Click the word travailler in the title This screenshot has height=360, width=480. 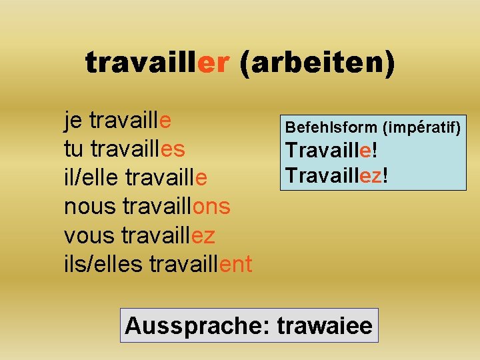157,63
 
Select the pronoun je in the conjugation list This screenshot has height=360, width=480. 73,121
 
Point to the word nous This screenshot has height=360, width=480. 90,207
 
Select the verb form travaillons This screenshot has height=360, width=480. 177,207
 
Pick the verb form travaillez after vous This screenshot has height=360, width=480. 169,235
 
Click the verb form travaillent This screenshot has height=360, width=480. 201,264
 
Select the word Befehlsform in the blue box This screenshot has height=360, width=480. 330,127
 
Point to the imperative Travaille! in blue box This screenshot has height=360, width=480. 331,151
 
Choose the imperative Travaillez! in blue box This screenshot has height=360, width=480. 337,175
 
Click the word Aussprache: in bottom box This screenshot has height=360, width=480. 197,326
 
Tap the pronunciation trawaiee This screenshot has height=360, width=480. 325,326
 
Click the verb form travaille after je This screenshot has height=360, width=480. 130,121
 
